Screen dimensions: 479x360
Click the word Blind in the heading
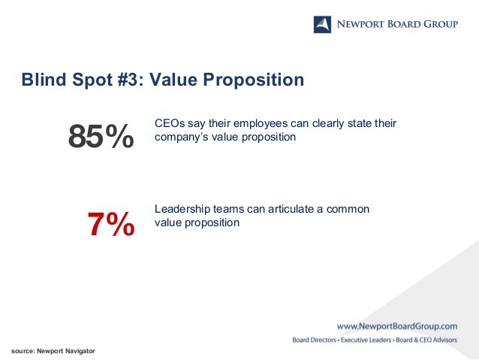tap(44, 80)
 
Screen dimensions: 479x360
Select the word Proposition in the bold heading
tap(254, 80)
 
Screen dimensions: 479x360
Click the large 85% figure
tap(101, 136)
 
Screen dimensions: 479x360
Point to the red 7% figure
tap(111, 224)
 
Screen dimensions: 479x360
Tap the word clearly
tap(328, 124)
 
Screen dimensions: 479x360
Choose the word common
tap(348, 210)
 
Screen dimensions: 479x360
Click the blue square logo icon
tap(322, 25)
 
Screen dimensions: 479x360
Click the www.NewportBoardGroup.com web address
tap(397, 326)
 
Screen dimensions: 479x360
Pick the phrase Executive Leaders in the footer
tap(366, 340)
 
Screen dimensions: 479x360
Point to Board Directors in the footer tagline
tap(314, 340)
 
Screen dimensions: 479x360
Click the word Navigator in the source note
tap(80, 351)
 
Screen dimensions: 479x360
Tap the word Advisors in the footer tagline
tap(444, 340)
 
